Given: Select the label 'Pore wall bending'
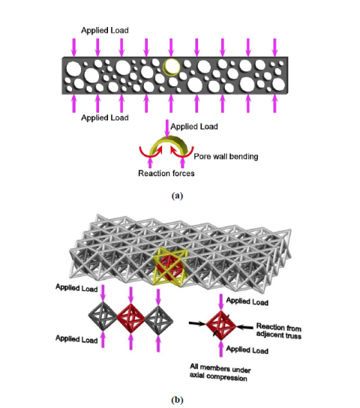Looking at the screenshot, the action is [x=226, y=157].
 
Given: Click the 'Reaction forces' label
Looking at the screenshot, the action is [x=166, y=173].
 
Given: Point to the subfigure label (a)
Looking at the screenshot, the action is [x=178, y=196].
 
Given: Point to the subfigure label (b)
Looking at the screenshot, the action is [x=178, y=400].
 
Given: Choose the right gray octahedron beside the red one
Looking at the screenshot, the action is [x=158, y=320].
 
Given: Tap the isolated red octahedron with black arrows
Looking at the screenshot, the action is [x=221, y=325].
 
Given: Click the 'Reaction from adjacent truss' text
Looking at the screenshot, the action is [x=279, y=331].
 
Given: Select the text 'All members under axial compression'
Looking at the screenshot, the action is [x=220, y=373].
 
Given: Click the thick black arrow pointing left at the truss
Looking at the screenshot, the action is [x=244, y=327].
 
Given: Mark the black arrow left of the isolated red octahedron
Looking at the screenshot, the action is [x=197, y=324].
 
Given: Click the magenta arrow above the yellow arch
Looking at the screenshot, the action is [x=166, y=128].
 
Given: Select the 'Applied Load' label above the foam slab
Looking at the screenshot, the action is [x=105, y=31].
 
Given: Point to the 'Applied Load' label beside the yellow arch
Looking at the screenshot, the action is [x=194, y=127].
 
